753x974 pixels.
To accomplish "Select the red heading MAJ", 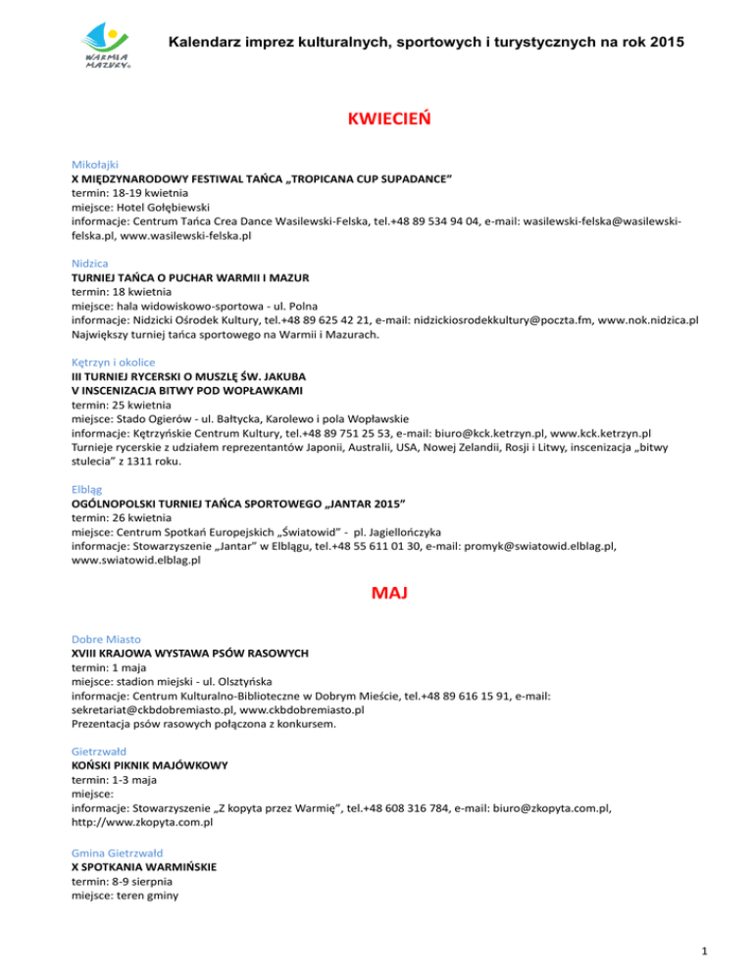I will coord(376,594).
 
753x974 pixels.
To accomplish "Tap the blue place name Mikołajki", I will coord(94,167).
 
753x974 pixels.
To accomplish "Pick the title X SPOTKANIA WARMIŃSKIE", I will coord(144,867).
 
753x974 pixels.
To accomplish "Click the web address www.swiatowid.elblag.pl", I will coord(136,560).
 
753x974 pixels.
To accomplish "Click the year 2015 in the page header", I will coord(662,43).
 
